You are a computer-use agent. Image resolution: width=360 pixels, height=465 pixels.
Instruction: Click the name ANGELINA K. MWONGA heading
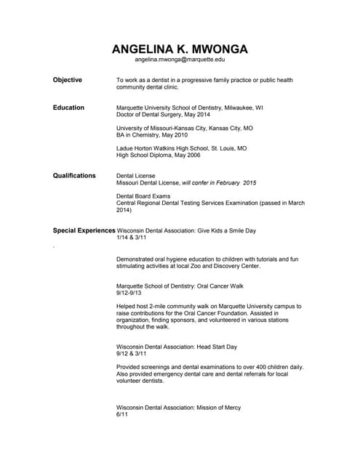(x=180, y=49)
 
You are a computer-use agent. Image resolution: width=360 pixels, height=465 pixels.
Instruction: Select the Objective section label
(x=67, y=80)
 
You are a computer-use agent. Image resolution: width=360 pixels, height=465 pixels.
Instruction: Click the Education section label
(x=68, y=108)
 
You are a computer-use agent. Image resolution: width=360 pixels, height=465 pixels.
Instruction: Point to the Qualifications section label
(x=74, y=176)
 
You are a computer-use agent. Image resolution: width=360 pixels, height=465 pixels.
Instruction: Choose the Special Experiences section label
(x=84, y=230)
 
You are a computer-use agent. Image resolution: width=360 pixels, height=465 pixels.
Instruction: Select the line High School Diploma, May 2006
(x=158, y=155)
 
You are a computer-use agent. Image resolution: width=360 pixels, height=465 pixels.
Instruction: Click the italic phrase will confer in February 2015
(x=219, y=182)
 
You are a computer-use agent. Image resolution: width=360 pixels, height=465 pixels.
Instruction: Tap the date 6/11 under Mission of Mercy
(x=122, y=415)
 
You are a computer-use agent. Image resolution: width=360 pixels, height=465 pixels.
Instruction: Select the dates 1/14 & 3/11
(x=132, y=238)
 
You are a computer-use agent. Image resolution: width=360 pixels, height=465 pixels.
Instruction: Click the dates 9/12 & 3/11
(x=132, y=354)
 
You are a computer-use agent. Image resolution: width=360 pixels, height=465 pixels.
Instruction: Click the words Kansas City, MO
(x=226, y=128)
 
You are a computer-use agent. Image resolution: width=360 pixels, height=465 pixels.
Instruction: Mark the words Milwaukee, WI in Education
(x=244, y=108)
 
